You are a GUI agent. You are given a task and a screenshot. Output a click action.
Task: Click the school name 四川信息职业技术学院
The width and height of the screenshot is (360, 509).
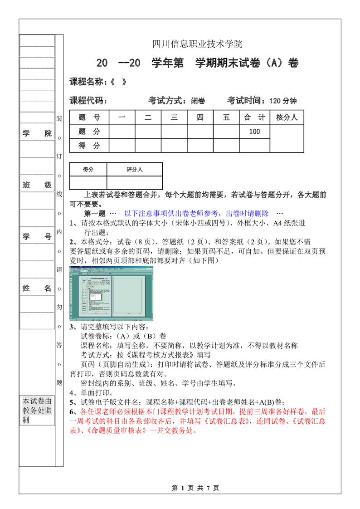[197, 44]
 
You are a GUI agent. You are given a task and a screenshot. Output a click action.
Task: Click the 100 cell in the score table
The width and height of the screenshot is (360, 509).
[254, 132]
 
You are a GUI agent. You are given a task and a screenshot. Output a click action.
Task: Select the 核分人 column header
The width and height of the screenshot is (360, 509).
[287, 117]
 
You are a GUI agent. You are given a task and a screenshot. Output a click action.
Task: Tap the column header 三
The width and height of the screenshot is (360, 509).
[174, 117]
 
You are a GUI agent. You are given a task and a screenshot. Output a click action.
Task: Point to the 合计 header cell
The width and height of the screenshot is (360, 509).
[254, 117]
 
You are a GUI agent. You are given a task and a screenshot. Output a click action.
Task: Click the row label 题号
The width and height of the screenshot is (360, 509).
[89, 117]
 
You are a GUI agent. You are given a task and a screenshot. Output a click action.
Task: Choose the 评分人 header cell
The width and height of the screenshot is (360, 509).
[135, 169]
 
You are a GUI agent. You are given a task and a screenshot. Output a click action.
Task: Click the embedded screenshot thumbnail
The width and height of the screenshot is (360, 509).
[111, 294]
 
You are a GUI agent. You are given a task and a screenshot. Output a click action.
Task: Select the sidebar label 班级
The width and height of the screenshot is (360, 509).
[37, 185]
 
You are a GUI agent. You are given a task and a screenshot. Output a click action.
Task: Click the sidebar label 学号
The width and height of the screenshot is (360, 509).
[37, 236]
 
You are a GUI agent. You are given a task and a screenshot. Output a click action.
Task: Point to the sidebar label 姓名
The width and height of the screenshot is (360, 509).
[37, 288]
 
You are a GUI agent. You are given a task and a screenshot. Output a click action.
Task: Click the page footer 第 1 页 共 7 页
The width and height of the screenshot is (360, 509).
[196, 488]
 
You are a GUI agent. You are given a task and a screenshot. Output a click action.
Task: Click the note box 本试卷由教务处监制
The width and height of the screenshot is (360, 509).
[37, 411]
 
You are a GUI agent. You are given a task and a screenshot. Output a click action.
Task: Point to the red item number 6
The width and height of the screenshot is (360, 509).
[72, 412]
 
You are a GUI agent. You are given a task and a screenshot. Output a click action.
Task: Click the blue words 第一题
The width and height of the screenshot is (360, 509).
[95, 213]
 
